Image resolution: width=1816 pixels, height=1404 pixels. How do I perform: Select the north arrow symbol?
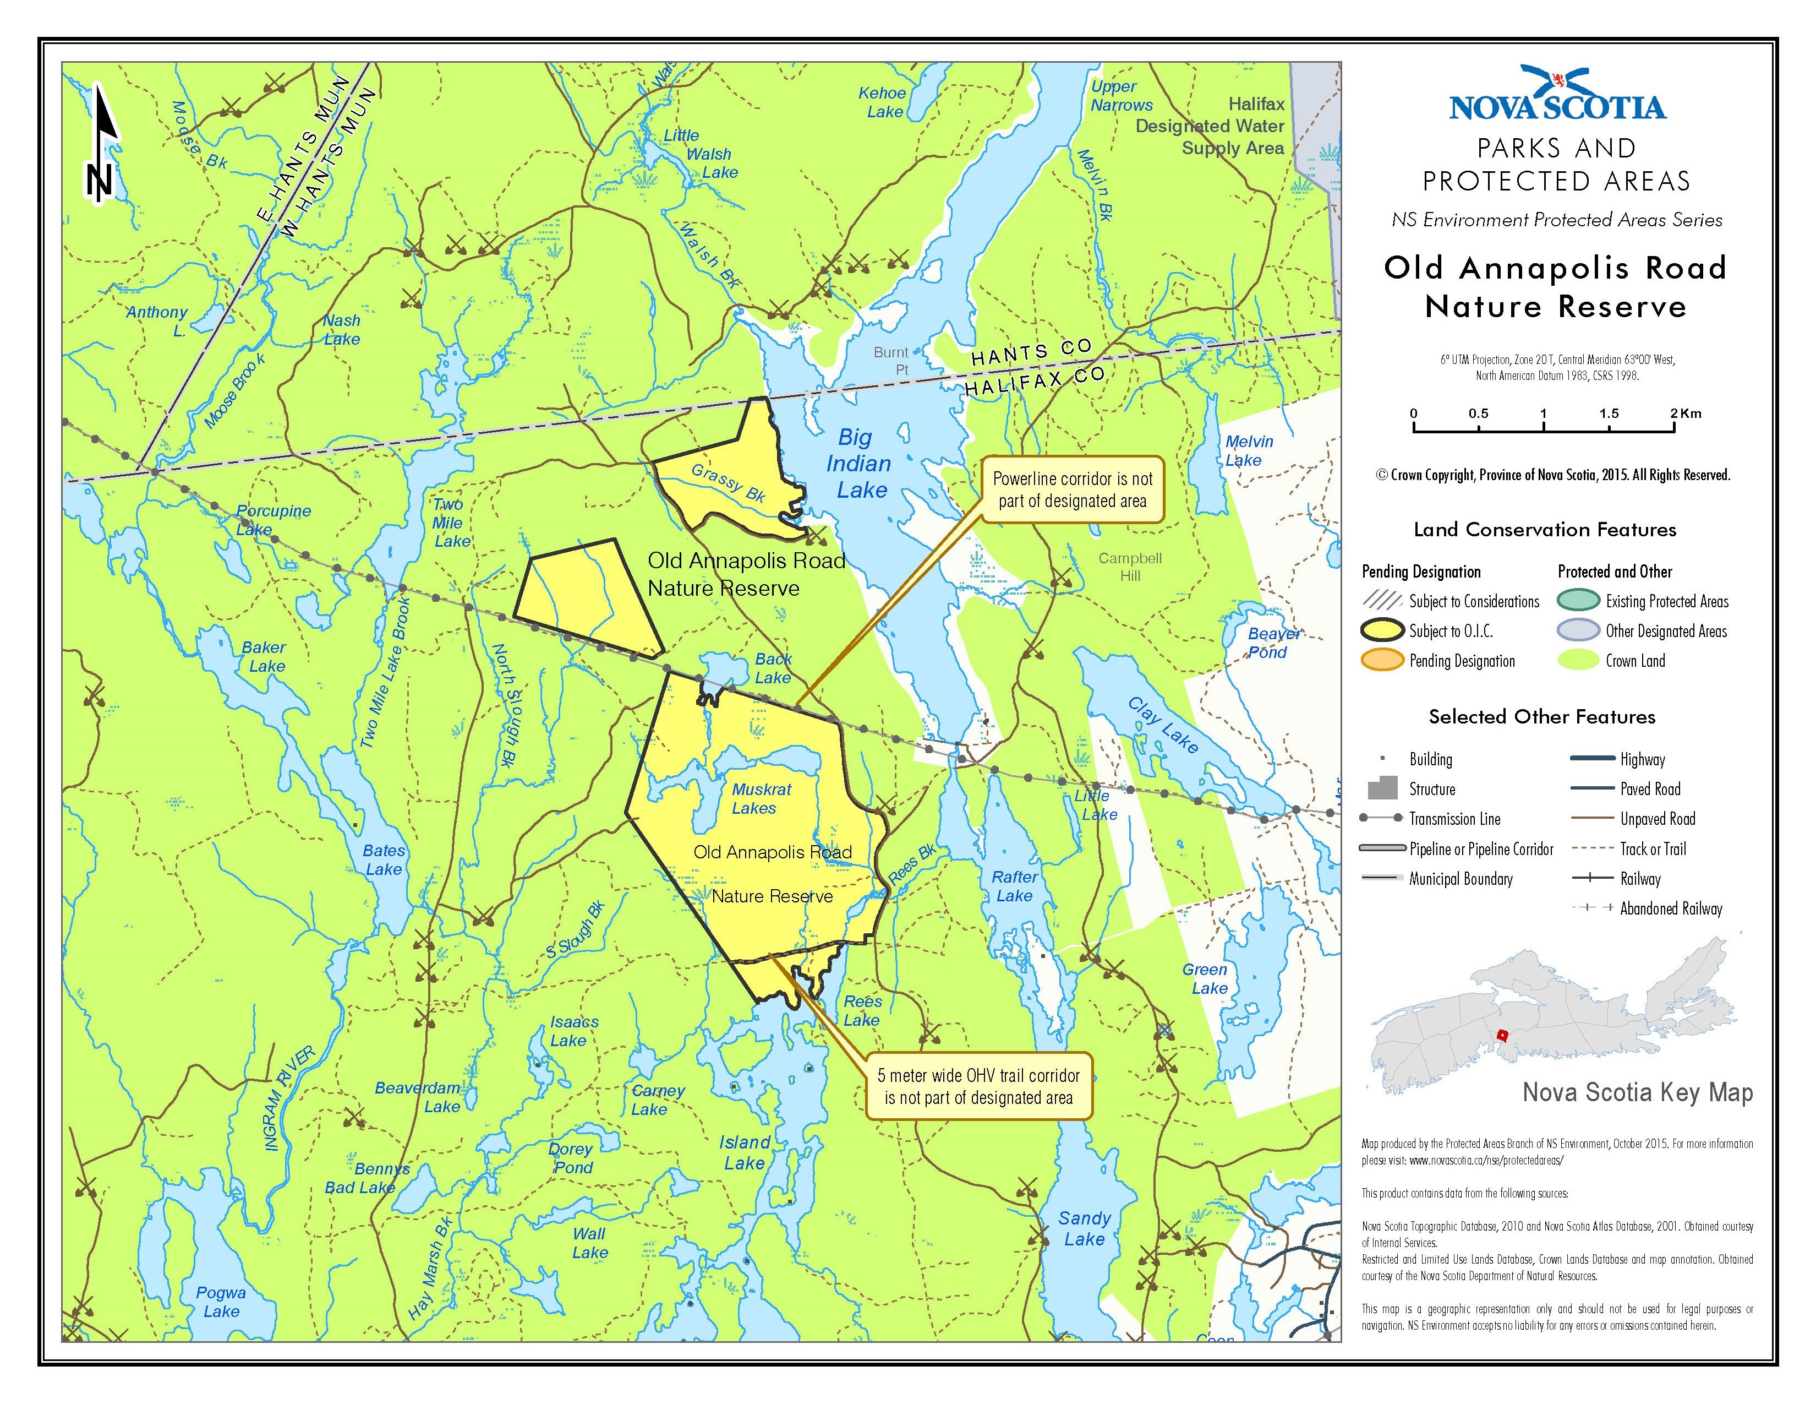(x=101, y=145)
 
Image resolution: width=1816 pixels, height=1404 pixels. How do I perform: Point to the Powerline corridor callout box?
(x=1072, y=490)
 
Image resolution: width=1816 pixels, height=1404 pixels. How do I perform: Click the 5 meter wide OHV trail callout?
(x=978, y=1086)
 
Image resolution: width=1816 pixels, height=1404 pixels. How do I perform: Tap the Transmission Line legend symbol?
(x=1382, y=818)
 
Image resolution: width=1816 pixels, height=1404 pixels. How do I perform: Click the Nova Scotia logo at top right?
(x=1557, y=96)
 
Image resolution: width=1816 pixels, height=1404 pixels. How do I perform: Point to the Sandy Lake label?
(x=1084, y=1228)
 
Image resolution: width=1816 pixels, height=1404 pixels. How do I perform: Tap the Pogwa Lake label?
(x=221, y=1302)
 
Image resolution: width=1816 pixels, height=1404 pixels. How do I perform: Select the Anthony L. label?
(x=158, y=320)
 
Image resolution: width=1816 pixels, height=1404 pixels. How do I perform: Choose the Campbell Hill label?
(x=1129, y=567)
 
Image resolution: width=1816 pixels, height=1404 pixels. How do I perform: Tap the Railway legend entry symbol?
(x=1593, y=878)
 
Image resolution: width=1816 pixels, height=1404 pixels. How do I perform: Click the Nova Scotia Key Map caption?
(x=1637, y=1093)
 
